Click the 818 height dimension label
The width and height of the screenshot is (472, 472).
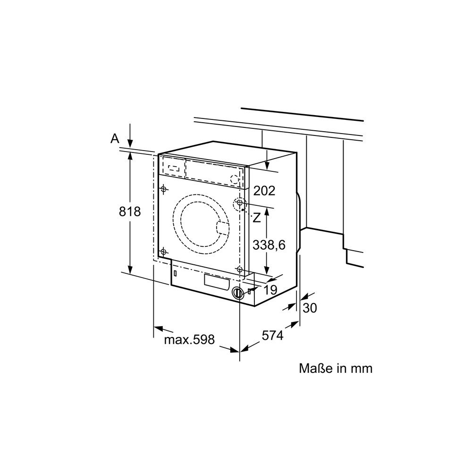pos(130,211)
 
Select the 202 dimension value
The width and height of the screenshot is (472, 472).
pos(264,191)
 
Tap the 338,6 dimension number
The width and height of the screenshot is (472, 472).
pos(269,245)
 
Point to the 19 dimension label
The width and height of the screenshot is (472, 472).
pos(270,290)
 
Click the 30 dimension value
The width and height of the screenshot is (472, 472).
pos(310,308)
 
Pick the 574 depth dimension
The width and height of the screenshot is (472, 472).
pos(272,335)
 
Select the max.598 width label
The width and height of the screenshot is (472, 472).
pos(189,339)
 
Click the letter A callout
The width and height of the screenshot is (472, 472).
pos(115,139)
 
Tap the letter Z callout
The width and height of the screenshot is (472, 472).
pos(256,218)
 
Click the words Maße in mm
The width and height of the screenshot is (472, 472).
pos(336,369)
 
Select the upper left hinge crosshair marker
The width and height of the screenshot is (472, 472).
pos(163,189)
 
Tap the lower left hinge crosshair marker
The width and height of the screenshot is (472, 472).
pos(163,252)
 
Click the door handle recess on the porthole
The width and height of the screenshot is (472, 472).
pos(223,228)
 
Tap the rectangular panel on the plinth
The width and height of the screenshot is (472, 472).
pos(217,282)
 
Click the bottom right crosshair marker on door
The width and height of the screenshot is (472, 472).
pos(240,269)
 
